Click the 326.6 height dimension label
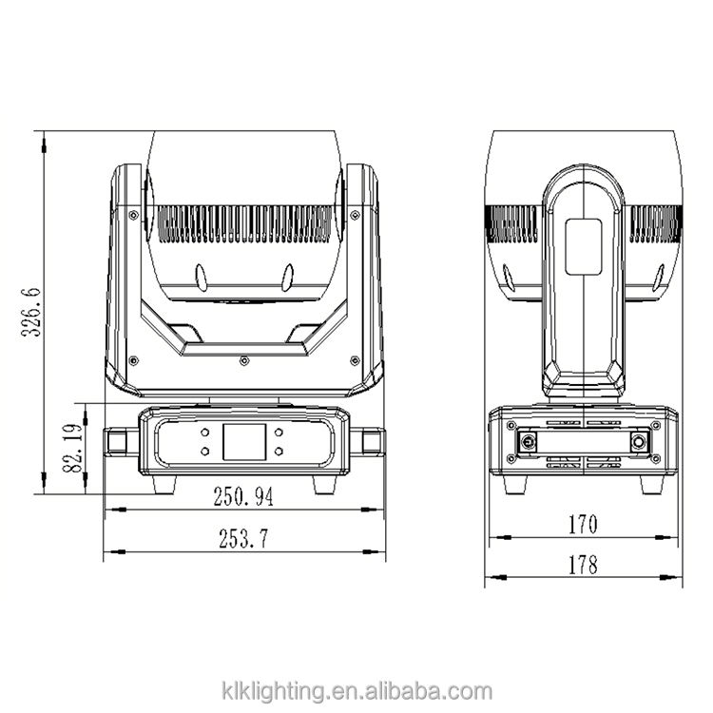[x=31, y=312]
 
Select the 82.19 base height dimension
[x=73, y=448]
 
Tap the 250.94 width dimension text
[x=243, y=496]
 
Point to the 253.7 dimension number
[x=243, y=538]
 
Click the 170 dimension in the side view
[x=583, y=524]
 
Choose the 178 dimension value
[x=583, y=565]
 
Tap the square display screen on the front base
[x=244, y=441]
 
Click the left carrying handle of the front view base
[x=121, y=441]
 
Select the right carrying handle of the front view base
[x=367, y=441]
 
